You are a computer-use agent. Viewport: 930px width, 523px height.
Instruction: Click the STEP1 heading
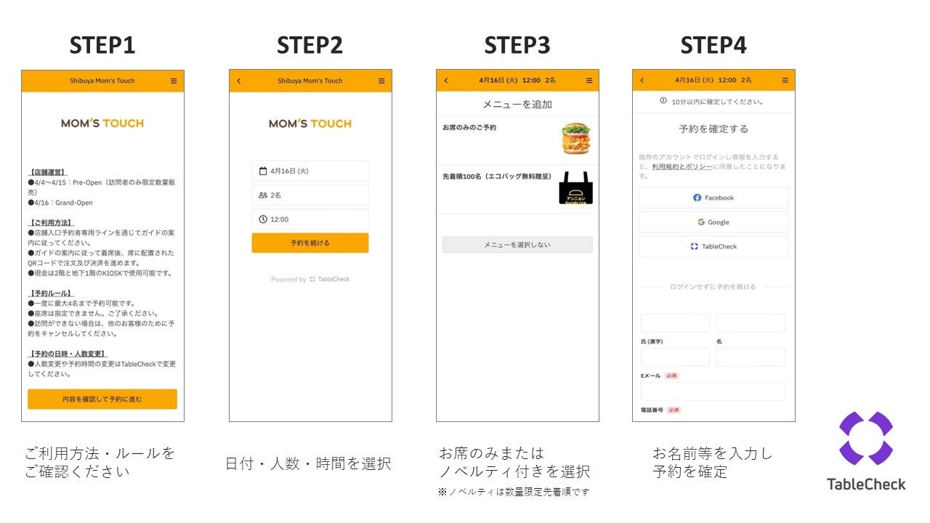click(x=102, y=45)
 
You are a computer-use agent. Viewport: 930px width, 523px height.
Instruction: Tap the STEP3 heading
click(x=517, y=45)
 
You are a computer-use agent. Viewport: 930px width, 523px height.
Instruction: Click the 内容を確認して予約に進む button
click(x=102, y=399)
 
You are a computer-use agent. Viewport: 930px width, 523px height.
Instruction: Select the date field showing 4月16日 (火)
click(x=310, y=171)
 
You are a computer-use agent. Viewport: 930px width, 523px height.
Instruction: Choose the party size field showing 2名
click(x=310, y=195)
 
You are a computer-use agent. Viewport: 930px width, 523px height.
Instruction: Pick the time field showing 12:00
click(x=310, y=219)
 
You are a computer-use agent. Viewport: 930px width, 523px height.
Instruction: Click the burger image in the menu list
click(x=575, y=138)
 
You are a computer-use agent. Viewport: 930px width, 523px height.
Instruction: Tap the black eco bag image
click(x=575, y=188)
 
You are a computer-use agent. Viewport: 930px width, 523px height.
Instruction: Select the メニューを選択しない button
click(x=517, y=245)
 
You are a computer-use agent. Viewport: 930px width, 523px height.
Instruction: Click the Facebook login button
click(x=713, y=198)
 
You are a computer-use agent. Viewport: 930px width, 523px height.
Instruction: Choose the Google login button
click(x=713, y=222)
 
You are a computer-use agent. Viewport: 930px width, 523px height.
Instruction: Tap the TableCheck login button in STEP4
click(x=713, y=246)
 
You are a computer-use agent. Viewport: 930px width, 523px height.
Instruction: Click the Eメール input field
click(x=713, y=392)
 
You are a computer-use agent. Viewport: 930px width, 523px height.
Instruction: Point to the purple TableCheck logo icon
click(x=865, y=438)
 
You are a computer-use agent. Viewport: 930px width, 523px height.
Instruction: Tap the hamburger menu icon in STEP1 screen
click(x=174, y=81)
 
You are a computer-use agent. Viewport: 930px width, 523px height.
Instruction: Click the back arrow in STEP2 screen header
click(x=239, y=81)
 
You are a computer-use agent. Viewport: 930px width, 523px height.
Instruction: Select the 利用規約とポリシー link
click(x=682, y=166)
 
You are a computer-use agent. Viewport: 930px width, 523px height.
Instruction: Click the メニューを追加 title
click(x=517, y=105)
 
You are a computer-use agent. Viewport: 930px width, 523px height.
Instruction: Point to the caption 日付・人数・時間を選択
click(x=309, y=463)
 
